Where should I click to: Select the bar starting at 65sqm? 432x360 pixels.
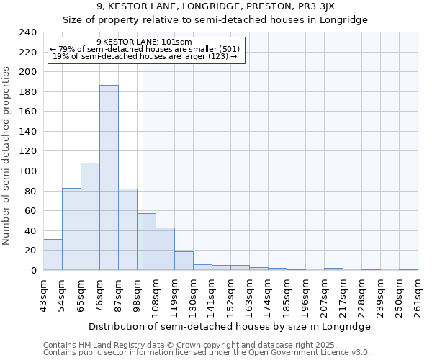90,216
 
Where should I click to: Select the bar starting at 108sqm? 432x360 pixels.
165,248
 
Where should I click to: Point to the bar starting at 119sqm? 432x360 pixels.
184,261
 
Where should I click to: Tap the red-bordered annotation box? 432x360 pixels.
147,50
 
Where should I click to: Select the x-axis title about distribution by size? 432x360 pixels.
230,326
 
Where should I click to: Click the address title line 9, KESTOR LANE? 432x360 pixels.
215,6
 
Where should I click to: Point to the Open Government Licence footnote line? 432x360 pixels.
207,353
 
